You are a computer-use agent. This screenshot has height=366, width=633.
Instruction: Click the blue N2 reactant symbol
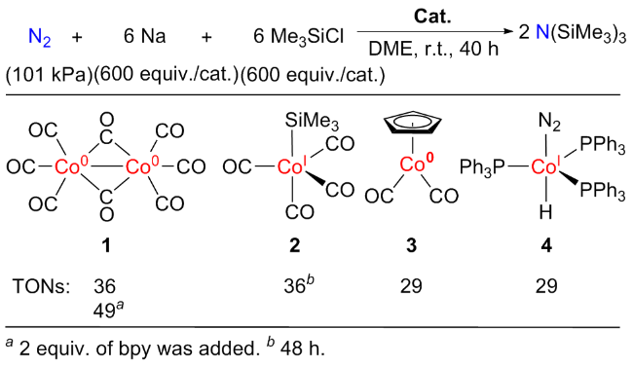tap(40, 38)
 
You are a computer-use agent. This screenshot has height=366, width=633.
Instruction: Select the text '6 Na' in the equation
tap(144, 36)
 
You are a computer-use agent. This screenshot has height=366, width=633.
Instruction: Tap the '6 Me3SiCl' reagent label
tap(298, 37)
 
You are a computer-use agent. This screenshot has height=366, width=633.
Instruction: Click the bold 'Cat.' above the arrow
tap(432, 17)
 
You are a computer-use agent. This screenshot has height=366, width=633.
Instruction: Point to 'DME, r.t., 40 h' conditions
tap(433, 50)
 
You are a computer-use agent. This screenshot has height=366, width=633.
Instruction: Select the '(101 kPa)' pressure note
tap(50, 75)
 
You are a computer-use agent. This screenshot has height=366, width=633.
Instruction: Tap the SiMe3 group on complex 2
tap(312, 121)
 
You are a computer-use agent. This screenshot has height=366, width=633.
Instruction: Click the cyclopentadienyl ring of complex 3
tap(412, 124)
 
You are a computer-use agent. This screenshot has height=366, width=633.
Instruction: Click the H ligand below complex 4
tap(545, 212)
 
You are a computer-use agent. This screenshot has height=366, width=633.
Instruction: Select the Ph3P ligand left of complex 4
tap(482, 167)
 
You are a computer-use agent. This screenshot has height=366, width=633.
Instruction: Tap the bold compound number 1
tap(106, 245)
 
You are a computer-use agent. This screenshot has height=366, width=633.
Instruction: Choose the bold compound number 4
tap(546, 245)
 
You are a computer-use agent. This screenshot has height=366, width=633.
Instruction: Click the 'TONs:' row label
tap(41, 286)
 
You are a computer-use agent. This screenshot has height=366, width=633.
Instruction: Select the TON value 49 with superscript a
tap(109, 311)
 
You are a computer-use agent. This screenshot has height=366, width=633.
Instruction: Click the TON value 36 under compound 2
tap(299, 285)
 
